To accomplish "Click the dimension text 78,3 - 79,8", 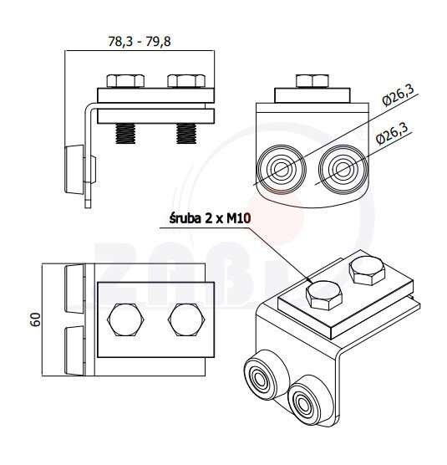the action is click(140, 42).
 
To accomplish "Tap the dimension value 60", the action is click(36, 319).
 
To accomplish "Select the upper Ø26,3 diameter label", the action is click(399, 95).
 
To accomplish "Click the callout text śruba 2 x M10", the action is click(210, 218).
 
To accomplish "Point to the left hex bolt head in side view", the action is click(125, 81).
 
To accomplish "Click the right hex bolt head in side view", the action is click(186, 81).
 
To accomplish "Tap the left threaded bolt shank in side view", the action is click(125, 134).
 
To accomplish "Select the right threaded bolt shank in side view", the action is click(186, 134).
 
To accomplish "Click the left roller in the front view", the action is click(281, 169).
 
